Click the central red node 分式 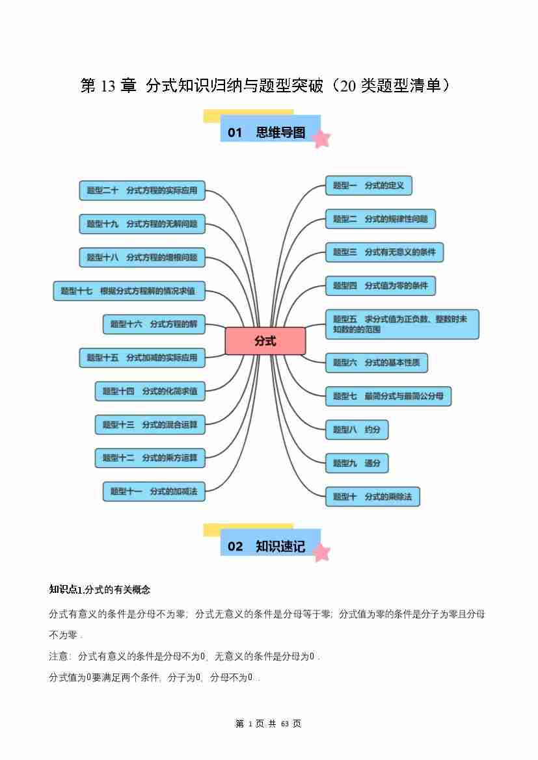265,341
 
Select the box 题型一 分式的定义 368,186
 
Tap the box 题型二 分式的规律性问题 380,219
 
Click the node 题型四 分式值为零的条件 380,285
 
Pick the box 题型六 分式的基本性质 376,363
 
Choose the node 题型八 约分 356,430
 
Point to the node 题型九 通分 356,464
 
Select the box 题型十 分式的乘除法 372,497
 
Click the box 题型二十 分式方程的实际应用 142,190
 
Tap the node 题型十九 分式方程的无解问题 142,224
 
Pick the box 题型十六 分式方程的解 154,324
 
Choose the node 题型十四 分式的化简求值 150,391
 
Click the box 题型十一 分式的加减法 154,491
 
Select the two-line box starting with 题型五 401,324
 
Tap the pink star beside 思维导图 321,138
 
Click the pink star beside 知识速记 321,553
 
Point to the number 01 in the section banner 235,133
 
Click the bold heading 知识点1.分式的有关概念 100,590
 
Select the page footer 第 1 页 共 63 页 268,724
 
